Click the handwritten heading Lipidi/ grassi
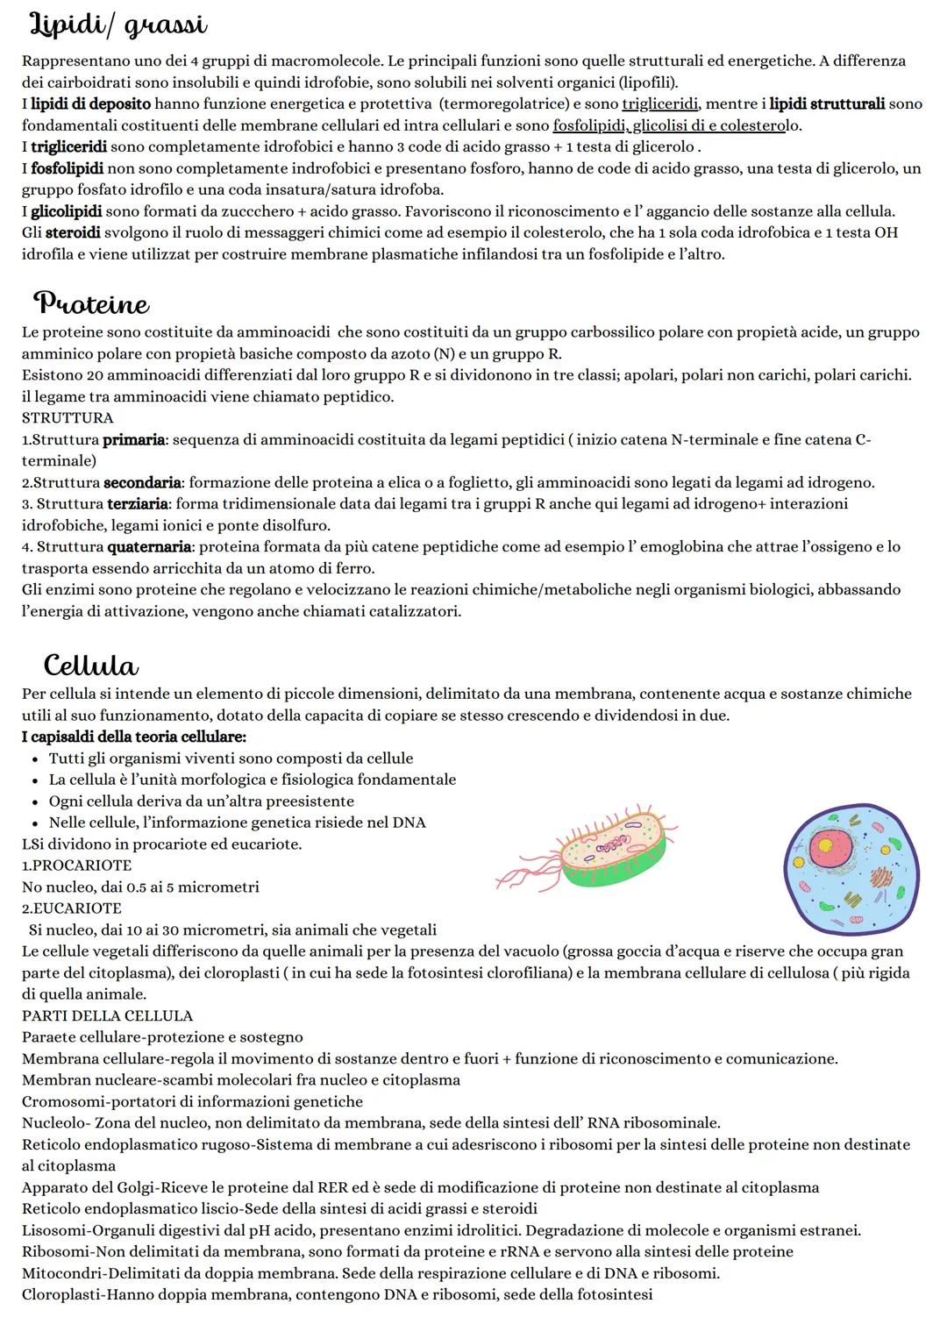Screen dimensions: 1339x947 119,26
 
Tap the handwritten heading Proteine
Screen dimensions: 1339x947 91,304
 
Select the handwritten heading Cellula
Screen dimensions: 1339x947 90,665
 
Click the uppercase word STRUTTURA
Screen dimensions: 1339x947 68,418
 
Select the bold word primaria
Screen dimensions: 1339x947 133,439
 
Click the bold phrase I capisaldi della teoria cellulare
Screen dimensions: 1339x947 133,737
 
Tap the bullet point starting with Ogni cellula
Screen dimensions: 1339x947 202,801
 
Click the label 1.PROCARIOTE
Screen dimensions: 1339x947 76,865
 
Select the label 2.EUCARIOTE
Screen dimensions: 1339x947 72,908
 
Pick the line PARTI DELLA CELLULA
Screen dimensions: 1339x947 107,1015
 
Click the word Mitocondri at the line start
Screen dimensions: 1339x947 59,1272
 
